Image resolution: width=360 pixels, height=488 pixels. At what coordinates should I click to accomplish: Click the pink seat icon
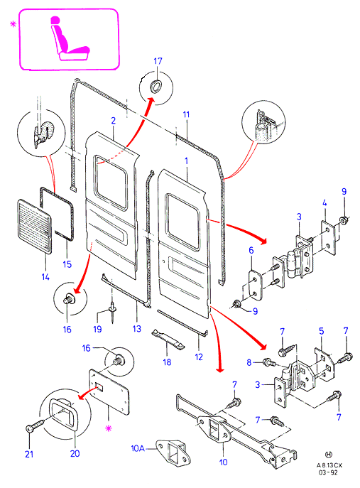pos(70,38)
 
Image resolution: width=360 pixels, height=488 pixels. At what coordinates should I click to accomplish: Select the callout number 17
pos(158,61)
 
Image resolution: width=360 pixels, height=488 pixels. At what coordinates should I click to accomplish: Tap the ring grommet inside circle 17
pos(156,85)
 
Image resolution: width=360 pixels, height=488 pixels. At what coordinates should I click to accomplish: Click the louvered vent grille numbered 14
pos(34,226)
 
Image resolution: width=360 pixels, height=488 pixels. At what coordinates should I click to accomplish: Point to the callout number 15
pos(67,264)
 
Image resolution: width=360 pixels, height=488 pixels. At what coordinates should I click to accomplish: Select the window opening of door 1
pos(183,222)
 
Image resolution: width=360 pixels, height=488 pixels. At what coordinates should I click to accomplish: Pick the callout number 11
pos(186,114)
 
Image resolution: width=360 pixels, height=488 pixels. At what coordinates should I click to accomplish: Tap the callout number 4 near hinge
pos(324,203)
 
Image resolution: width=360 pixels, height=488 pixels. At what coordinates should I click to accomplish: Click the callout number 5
pos(322,331)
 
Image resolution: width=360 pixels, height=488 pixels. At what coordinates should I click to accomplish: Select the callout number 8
pos(249,362)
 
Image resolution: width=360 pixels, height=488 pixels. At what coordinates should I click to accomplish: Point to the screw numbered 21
pos(36,425)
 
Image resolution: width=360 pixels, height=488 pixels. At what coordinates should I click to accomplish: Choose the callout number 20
pos(75,453)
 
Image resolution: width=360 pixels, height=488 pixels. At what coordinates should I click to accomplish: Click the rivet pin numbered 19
pos(112,312)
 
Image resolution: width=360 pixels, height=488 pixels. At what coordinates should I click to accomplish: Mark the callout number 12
pos(199,357)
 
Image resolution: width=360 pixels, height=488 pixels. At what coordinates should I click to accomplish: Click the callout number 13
pos(137,329)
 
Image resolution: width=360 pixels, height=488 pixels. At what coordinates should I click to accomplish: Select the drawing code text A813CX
pos(329,465)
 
